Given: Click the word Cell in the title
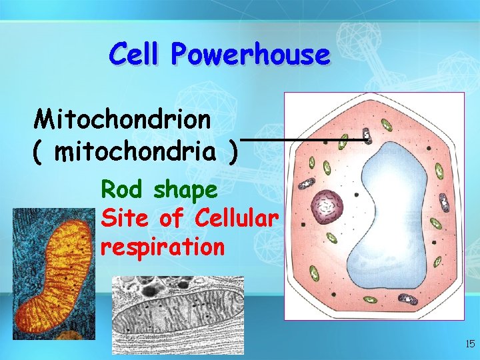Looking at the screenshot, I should pyautogui.click(x=134, y=53).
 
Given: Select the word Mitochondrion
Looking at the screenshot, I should pyautogui.click(x=123, y=120).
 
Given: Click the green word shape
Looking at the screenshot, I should pyautogui.click(x=185, y=191).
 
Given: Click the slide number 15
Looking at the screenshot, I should pyautogui.click(x=469, y=344).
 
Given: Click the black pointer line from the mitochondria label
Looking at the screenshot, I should pyautogui.click(x=300, y=140).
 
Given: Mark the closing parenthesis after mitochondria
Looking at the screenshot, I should pyautogui.click(x=231, y=153).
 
